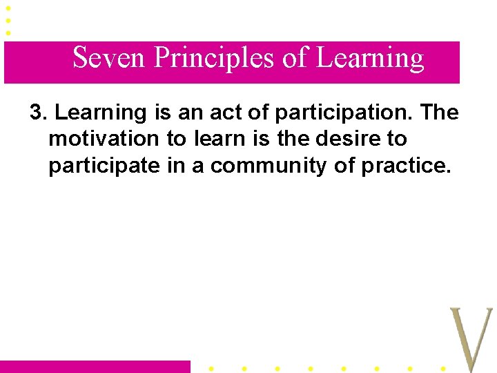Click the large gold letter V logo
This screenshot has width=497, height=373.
coord(471,338)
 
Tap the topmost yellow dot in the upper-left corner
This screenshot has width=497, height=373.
coord(8,8)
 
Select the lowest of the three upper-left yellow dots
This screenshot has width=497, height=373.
coord(8,32)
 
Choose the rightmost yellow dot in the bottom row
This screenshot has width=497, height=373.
coord(442,368)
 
